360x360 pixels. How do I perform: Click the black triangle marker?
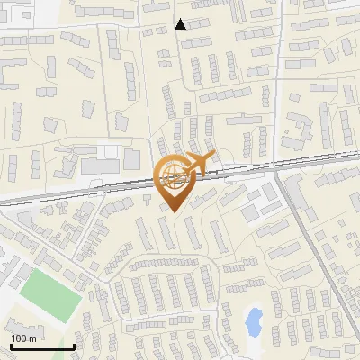181,24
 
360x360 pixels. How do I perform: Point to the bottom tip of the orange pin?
174,213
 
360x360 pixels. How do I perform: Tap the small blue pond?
254,321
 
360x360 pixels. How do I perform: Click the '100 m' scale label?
24,337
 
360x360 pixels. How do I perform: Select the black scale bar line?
42,346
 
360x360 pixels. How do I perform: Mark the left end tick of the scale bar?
11,345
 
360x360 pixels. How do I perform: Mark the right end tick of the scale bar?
74,345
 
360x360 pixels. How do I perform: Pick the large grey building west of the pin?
100,166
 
